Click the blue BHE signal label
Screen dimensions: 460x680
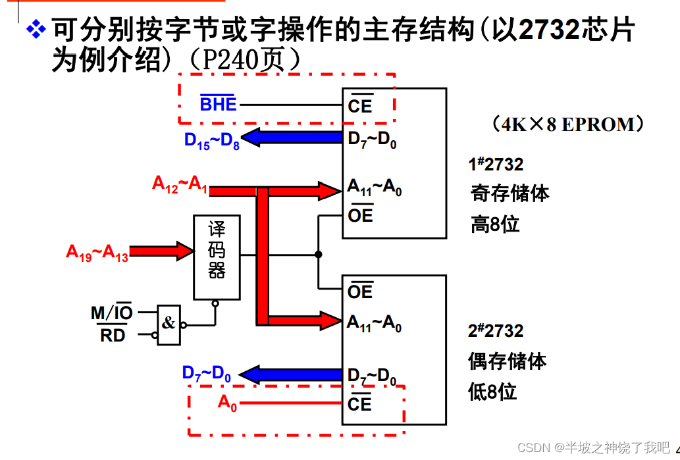218,103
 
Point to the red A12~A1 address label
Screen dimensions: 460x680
180,184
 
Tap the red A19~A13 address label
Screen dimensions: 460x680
97,252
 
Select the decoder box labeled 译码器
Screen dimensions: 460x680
217,256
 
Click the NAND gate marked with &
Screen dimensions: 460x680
169,324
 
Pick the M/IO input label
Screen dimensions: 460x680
111,312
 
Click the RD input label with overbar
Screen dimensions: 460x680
113,336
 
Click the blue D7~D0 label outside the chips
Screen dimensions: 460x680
206,374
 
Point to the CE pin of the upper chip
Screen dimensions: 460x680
360,105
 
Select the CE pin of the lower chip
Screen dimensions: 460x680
359,403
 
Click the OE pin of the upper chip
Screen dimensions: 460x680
360,215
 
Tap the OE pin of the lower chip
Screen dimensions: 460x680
360,291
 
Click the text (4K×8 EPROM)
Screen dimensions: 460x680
567,124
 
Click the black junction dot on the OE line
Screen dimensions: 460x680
318,254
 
